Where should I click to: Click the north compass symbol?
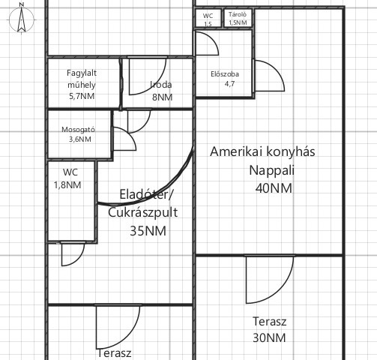22,19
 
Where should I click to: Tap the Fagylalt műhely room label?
82,85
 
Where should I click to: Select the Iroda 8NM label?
162,91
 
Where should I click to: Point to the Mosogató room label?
79,134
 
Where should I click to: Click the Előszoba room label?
225,79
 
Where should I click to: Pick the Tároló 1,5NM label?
238,18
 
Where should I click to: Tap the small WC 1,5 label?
208,19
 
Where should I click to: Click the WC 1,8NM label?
67,178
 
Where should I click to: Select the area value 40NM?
274,188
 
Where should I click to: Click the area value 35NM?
148,231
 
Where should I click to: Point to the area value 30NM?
269,337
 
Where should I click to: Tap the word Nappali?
272,170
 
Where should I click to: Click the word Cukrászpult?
143,213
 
